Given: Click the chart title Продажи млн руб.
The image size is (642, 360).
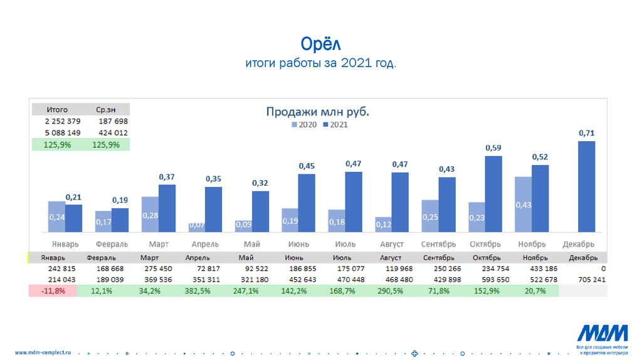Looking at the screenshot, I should pos(317,112).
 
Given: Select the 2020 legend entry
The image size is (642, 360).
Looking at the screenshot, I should pos(303,125).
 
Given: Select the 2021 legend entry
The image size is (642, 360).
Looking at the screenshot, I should pos(335,125).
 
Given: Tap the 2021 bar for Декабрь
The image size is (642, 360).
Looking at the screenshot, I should pos(586,186).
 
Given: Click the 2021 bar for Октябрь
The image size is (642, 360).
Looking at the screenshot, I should pos(493,194).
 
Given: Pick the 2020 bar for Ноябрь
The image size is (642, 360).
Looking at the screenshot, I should pos(523,204).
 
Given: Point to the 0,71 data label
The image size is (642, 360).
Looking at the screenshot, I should pos(586,133).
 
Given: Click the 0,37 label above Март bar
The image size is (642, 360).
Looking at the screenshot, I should pos(167,177).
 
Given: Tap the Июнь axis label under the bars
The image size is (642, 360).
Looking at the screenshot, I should pos(297,244).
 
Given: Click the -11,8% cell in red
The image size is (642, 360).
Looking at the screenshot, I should pos(53,291).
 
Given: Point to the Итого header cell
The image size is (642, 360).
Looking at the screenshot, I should pos(57,109).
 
